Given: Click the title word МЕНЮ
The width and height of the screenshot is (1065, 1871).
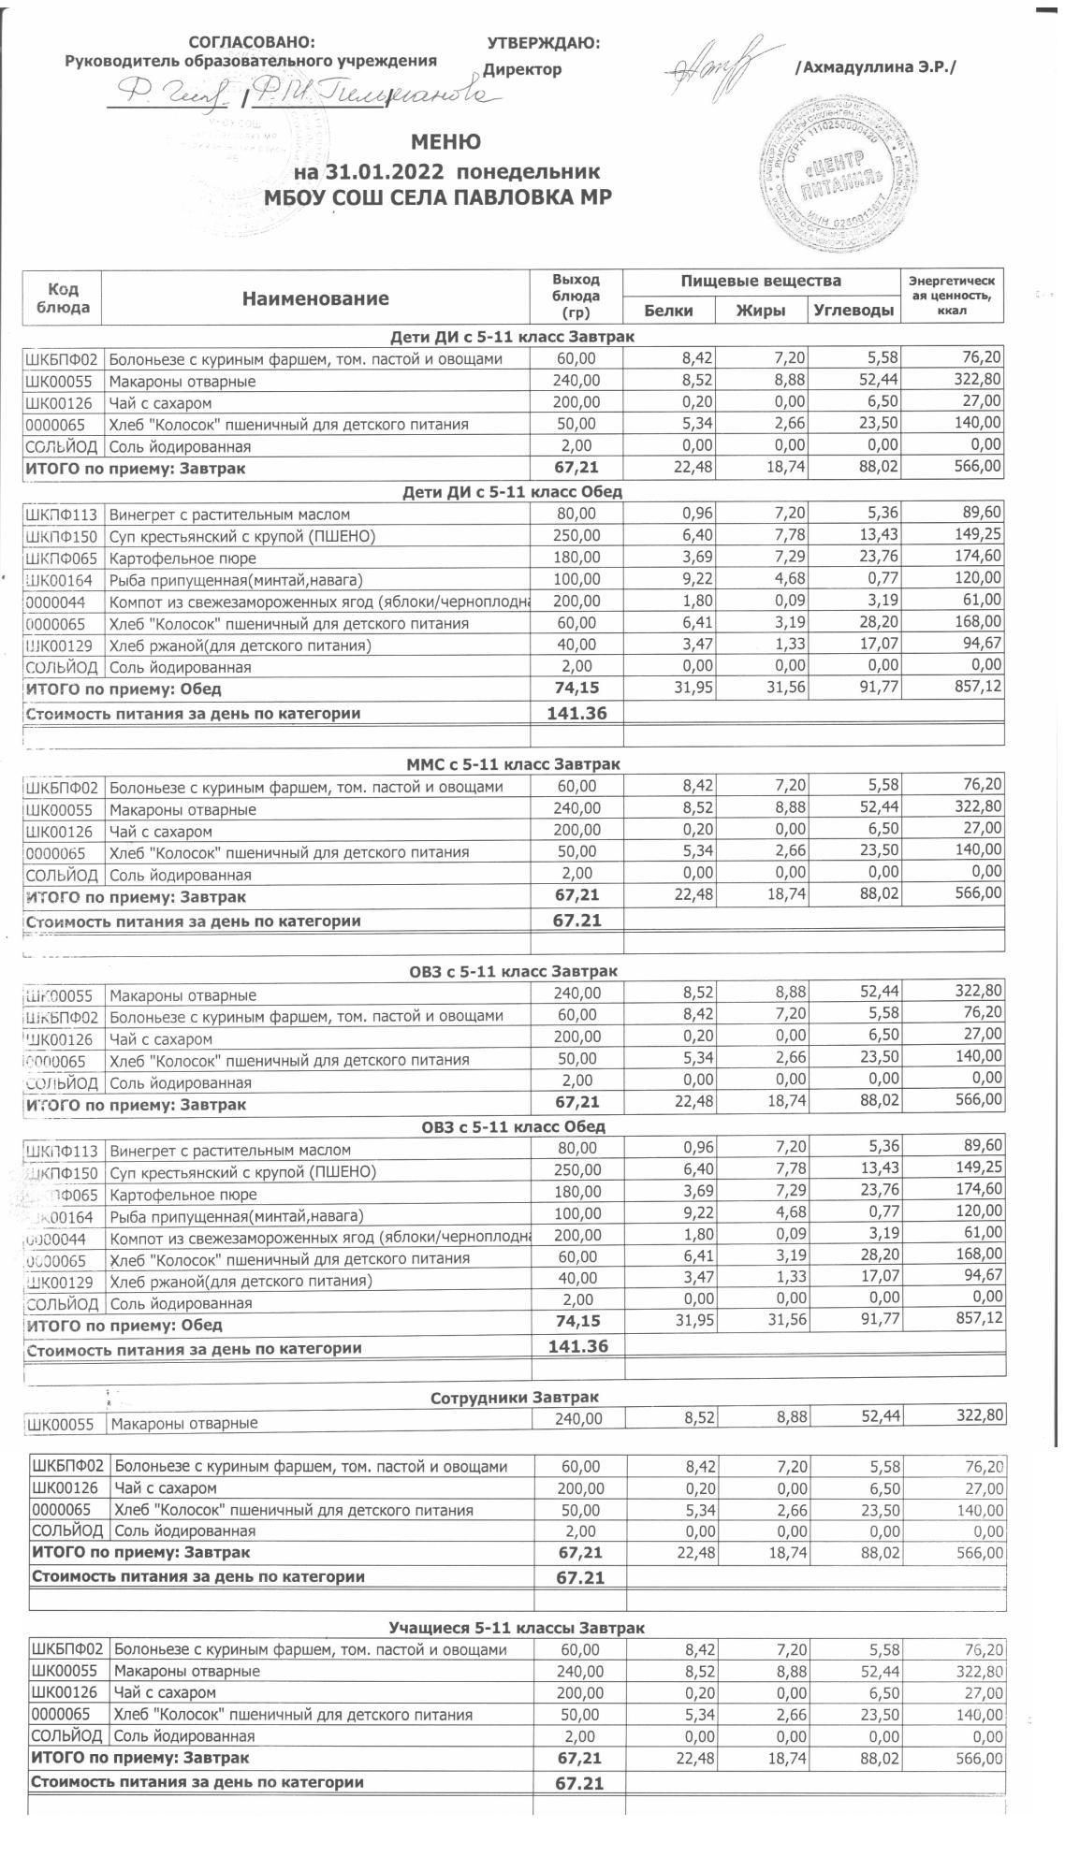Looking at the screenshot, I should (x=446, y=142).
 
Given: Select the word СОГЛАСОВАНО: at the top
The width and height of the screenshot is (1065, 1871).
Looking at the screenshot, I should (x=253, y=43).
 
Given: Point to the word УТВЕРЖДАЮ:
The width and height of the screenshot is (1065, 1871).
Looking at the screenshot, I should (x=544, y=43).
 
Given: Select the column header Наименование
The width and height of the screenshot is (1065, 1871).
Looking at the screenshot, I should (x=315, y=298).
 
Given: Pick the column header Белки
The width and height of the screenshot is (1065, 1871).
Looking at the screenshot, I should (x=669, y=311).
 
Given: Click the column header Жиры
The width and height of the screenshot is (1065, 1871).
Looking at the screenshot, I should (x=760, y=311).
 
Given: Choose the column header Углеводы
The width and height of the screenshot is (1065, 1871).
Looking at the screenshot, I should (x=853, y=311).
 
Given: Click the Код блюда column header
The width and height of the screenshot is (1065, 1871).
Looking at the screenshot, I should (x=63, y=297).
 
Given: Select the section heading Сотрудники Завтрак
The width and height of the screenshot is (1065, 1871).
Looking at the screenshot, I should (x=515, y=1398).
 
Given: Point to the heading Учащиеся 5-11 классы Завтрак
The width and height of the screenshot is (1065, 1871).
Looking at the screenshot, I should (x=517, y=1628).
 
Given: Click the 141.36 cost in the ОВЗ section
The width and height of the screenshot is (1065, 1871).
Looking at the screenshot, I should (x=576, y=1346).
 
